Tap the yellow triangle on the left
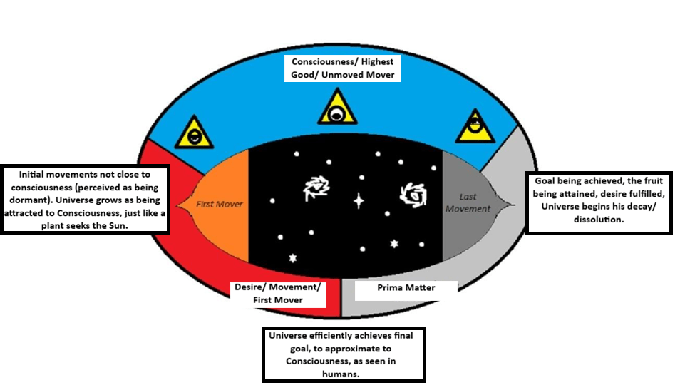coord(192,133)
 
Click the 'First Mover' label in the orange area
coord(219,205)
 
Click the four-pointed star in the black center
coord(359,201)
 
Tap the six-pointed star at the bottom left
coord(293,257)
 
